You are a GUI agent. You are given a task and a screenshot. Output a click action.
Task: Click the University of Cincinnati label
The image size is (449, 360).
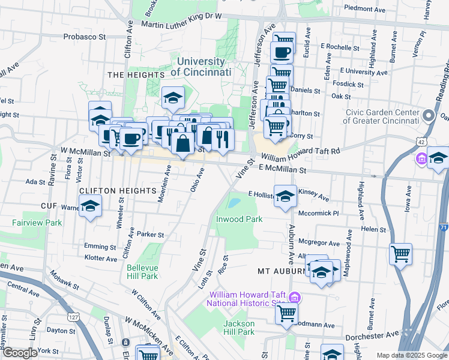200,67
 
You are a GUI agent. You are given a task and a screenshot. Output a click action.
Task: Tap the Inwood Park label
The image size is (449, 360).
240,219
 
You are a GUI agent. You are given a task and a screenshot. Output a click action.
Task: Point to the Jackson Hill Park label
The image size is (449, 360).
239,328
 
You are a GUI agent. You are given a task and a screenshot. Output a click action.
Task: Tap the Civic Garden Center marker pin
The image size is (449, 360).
429,116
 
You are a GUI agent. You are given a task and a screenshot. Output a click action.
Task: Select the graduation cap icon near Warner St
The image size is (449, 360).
90,206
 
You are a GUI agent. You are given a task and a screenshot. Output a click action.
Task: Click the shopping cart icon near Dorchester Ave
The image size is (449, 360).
287,312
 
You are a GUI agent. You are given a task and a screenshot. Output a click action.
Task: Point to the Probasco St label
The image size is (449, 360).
85,37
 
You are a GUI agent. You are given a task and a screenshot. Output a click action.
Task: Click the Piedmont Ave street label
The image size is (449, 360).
364,10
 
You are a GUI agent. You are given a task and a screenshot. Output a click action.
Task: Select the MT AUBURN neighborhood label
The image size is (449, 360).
282,271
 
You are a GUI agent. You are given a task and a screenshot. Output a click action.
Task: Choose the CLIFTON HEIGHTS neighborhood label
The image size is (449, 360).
118,190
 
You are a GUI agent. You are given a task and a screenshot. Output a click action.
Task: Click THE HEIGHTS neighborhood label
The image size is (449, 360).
126,74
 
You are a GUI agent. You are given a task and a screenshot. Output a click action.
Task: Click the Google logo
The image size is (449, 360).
20,353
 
